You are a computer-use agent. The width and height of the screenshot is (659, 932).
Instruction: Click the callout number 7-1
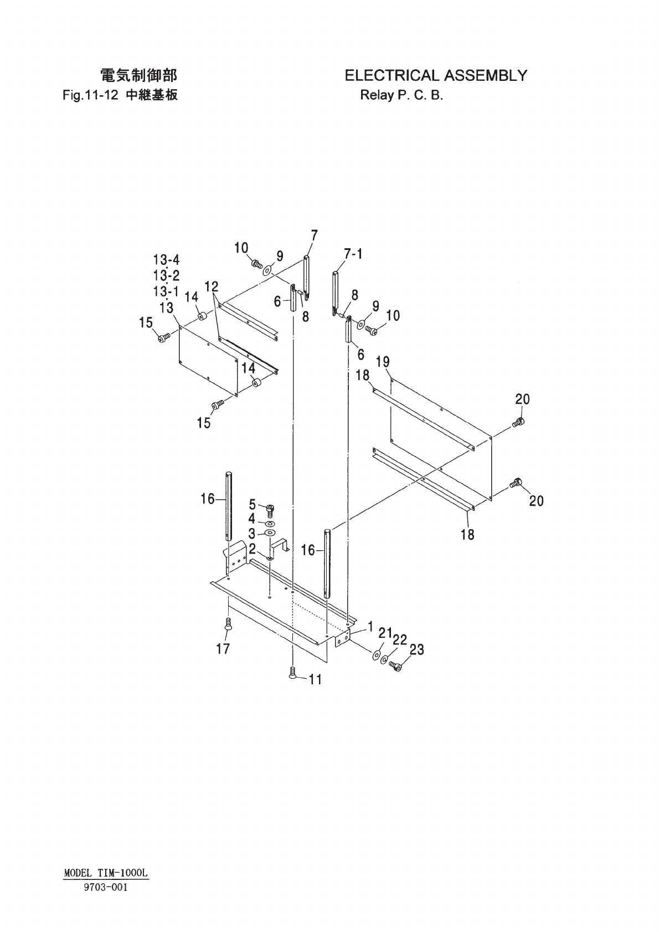353,254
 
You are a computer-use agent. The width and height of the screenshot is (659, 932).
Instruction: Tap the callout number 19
383,362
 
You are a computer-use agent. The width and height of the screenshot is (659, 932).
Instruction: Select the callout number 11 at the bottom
315,679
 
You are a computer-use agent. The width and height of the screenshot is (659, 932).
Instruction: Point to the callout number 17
223,648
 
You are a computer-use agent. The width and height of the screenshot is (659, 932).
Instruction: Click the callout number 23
416,649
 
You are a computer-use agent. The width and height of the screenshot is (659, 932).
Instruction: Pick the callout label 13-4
166,260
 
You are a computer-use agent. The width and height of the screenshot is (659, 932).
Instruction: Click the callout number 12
211,286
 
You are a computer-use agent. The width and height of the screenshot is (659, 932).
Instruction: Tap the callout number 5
253,504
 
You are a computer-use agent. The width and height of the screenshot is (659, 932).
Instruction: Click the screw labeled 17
227,625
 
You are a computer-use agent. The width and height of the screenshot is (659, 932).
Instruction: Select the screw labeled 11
292,673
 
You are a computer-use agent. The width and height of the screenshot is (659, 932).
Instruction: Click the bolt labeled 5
270,508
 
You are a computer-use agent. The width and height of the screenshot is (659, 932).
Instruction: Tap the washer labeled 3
270,532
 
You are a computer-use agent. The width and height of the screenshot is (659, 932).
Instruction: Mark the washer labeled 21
377,656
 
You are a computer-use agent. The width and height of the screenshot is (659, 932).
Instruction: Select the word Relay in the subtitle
375,95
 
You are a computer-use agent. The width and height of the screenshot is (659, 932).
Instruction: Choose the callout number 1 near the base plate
369,628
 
